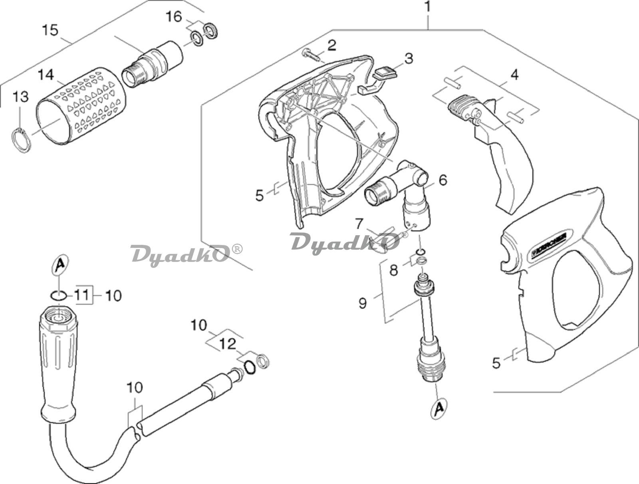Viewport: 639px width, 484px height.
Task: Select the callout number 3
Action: (x=408, y=58)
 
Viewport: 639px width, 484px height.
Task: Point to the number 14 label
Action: (x=46, y=75)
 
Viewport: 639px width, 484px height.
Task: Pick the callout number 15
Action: (x=51, y=30)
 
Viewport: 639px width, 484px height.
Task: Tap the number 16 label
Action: (x=174, y=17)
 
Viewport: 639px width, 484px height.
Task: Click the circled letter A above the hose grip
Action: (x=60, y=265)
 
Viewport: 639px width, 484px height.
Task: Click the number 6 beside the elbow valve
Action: (x=443, y=180)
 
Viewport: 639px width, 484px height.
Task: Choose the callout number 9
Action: (x=362, y=303)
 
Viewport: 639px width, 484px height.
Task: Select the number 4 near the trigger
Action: (x=514, y=74)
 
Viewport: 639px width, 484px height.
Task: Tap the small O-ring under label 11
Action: (x=58, y=296)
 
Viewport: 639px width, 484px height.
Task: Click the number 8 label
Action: (x=394, y=271)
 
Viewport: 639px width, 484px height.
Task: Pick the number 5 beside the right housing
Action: (x=496, y=363)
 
